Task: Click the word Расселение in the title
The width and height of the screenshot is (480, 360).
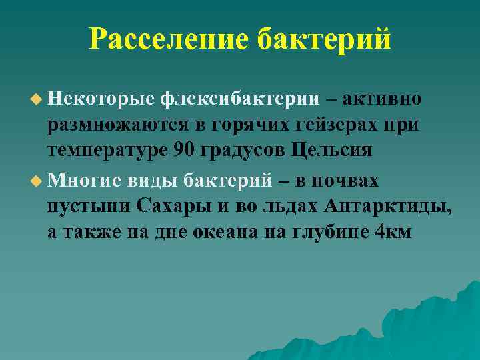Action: click(x=171, y=39)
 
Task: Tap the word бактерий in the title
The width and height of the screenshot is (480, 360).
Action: click(x=325, y=39)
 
